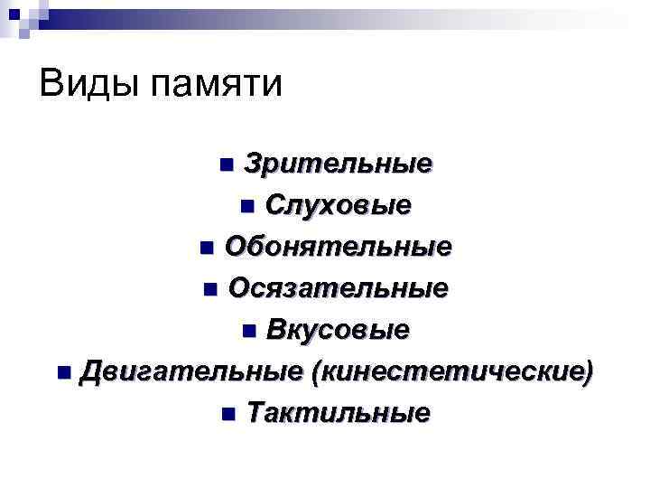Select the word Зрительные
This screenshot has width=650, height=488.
pos(338,164)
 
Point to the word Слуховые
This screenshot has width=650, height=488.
pos(339,206)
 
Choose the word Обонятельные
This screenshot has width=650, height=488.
pos(338,247)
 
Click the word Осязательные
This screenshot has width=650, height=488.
pos(338,288)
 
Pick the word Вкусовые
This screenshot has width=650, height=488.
pos(338,330)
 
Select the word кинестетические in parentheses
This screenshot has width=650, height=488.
pos(452,371)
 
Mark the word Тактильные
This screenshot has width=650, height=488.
pos(338,413)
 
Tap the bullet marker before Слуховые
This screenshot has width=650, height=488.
pos(248,207)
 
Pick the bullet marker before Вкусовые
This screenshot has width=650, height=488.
pos(249,331)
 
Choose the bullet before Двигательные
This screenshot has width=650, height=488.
pos(61,372)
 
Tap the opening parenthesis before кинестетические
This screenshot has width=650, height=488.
pos(314,372)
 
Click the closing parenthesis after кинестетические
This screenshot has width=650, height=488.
pos(590,372)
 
